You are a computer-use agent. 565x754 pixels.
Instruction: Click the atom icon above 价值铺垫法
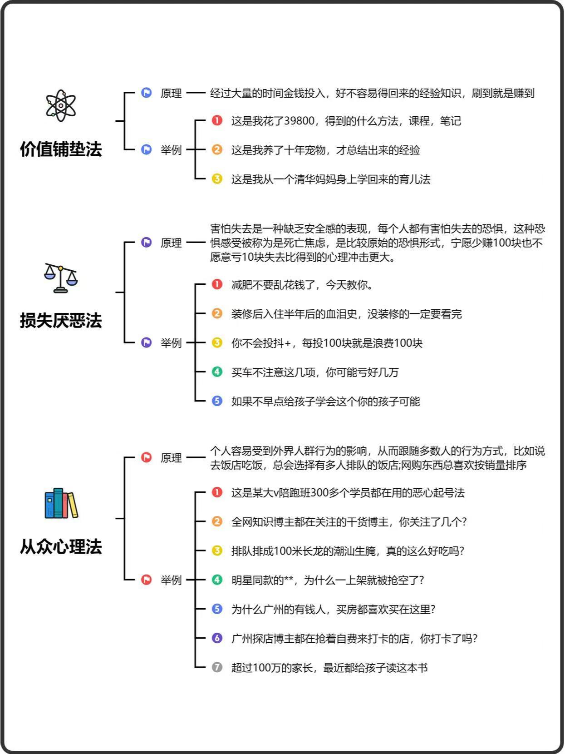(x=61, y=105)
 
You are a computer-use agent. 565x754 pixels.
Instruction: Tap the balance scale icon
(x=61, y=278)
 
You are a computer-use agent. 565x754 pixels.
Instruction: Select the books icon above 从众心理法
(x=61, y=503)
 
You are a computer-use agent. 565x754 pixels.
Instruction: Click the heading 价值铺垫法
(x=61, y=149)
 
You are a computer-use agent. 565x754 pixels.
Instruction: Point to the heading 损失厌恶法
(x=61, y=321)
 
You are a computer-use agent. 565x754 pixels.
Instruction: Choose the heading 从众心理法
(x=61, y=546)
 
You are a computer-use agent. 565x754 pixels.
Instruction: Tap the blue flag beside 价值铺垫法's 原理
(x=147, y=92)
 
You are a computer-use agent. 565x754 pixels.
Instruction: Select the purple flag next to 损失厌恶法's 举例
(x=147, y=342)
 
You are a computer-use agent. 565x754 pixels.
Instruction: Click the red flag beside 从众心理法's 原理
(x=147, y=457)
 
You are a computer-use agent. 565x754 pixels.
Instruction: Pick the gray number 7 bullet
(x=217, y=667)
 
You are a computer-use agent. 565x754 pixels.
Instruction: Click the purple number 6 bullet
(x=217, y=638)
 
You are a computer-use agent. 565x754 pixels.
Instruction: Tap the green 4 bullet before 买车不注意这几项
(x=217, y=372)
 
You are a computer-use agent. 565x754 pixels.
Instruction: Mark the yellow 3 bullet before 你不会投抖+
(x=217, y=342)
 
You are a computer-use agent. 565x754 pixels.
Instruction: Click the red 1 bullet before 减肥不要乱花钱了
(x=217, y=284)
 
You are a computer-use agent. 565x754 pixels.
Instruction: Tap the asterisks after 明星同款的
(x=289, y=579)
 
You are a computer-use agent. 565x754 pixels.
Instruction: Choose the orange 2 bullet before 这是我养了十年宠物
(x=217, y=149)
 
